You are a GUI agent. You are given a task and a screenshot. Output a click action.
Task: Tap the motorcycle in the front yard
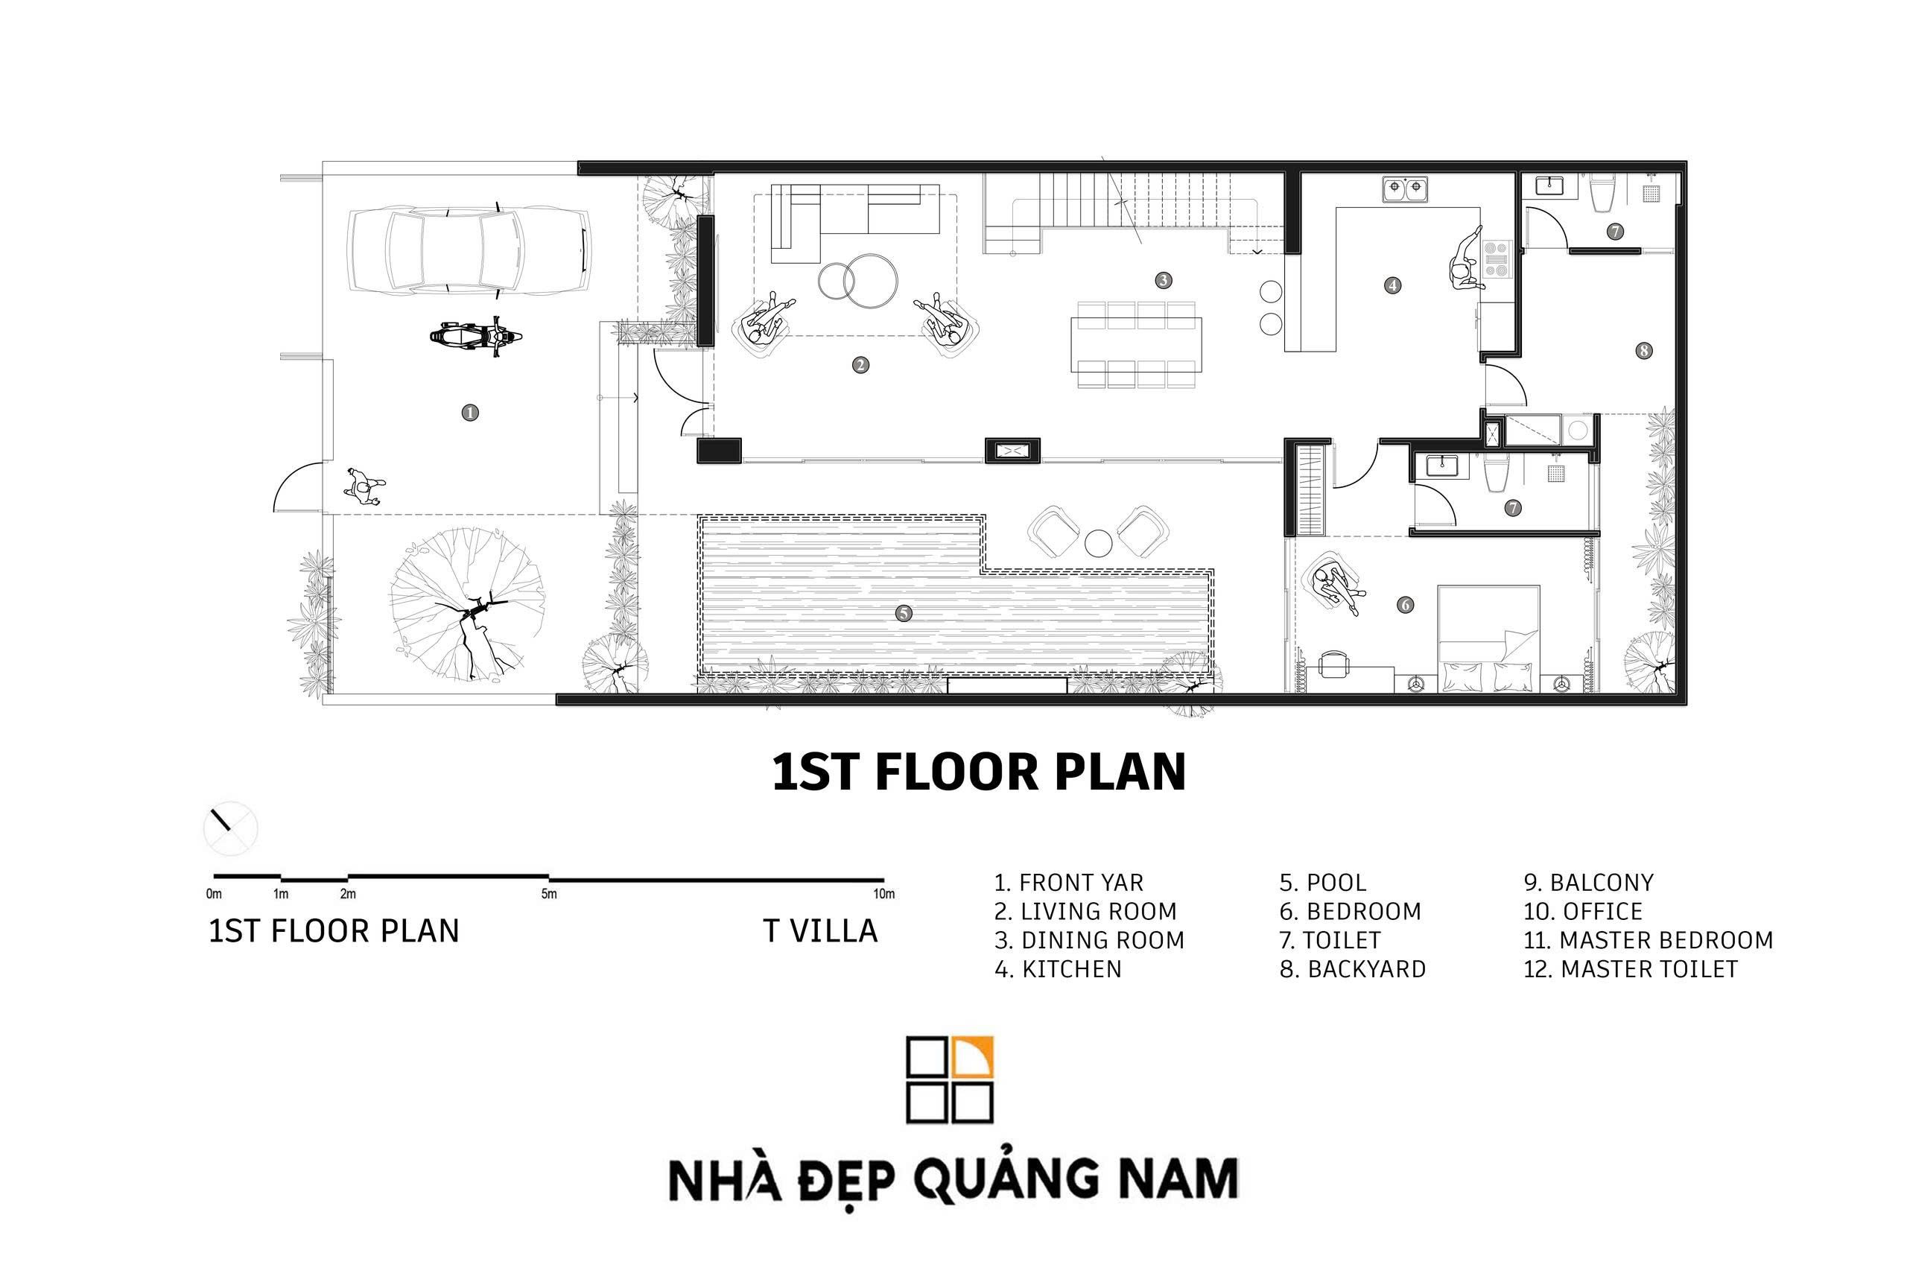[475, 335]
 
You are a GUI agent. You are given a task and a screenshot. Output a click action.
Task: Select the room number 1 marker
[470, 413]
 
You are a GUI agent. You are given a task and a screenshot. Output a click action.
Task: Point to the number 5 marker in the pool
[903, 613]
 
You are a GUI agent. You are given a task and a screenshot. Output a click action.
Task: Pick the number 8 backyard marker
[1643, 351]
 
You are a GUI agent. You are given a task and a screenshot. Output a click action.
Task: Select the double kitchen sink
[1405, 189]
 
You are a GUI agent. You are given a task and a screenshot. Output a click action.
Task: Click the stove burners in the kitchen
[1497, 259]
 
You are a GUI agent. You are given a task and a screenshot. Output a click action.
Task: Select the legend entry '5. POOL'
[1322, 883]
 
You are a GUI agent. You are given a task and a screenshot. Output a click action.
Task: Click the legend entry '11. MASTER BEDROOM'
[1648, 941]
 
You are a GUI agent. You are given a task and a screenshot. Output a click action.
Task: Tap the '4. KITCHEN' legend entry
[1058, 969]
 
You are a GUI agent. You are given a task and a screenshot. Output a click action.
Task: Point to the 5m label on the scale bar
[549, 894]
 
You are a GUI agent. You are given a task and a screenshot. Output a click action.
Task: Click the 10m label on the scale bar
[883, 894]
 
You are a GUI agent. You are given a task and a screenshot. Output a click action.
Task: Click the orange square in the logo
[972, 1057]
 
